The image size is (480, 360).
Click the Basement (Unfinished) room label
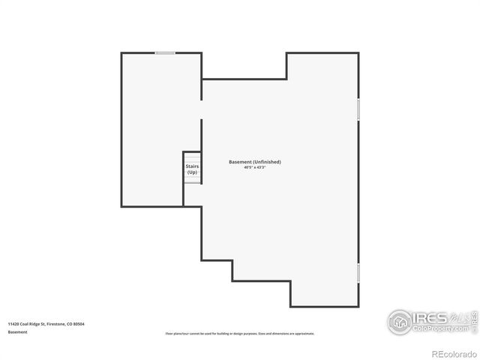(254, 162)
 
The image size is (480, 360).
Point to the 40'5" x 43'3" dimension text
(254, 168)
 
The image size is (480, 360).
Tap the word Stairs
(192, 166)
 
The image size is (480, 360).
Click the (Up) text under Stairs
(192, 172)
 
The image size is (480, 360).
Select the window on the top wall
(165, 52)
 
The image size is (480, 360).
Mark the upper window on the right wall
(358, 109)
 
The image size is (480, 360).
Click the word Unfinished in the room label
(267, 162)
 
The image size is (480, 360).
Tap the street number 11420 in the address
(13, 324)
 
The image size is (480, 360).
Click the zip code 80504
(79, 324)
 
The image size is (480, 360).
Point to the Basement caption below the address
(18, 331)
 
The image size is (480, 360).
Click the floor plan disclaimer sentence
(239, 334)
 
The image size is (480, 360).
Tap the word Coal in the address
(25, 324)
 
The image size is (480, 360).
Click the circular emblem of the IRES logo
(400, 322)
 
